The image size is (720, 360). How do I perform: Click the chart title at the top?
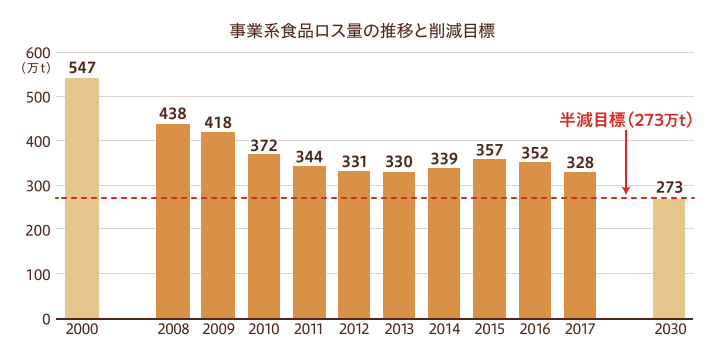[x=362, y=30]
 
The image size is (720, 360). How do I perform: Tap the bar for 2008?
[x=173, y=222]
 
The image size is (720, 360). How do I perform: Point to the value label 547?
[x=82, y=68]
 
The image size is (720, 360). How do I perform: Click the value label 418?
[x=218, y=123]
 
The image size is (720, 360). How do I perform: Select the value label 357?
[x=490, y=150]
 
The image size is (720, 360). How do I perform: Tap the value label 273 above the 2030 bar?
[x=669, y=187]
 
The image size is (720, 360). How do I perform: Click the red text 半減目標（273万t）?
[x=625, y=120]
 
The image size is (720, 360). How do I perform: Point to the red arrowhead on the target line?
[x=626, y=190]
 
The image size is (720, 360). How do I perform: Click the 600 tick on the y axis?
[x=38, y=53]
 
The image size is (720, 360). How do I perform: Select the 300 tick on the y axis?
[x=38, y=186]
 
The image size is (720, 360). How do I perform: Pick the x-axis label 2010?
[x=263, y=330]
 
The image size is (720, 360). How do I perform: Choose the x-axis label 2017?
[x=580, y=330]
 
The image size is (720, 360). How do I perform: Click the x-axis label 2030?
[x=669, y=330]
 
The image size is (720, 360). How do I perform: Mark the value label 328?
[x=580, y=163]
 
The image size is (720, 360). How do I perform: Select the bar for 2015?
[x=490, y=239]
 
